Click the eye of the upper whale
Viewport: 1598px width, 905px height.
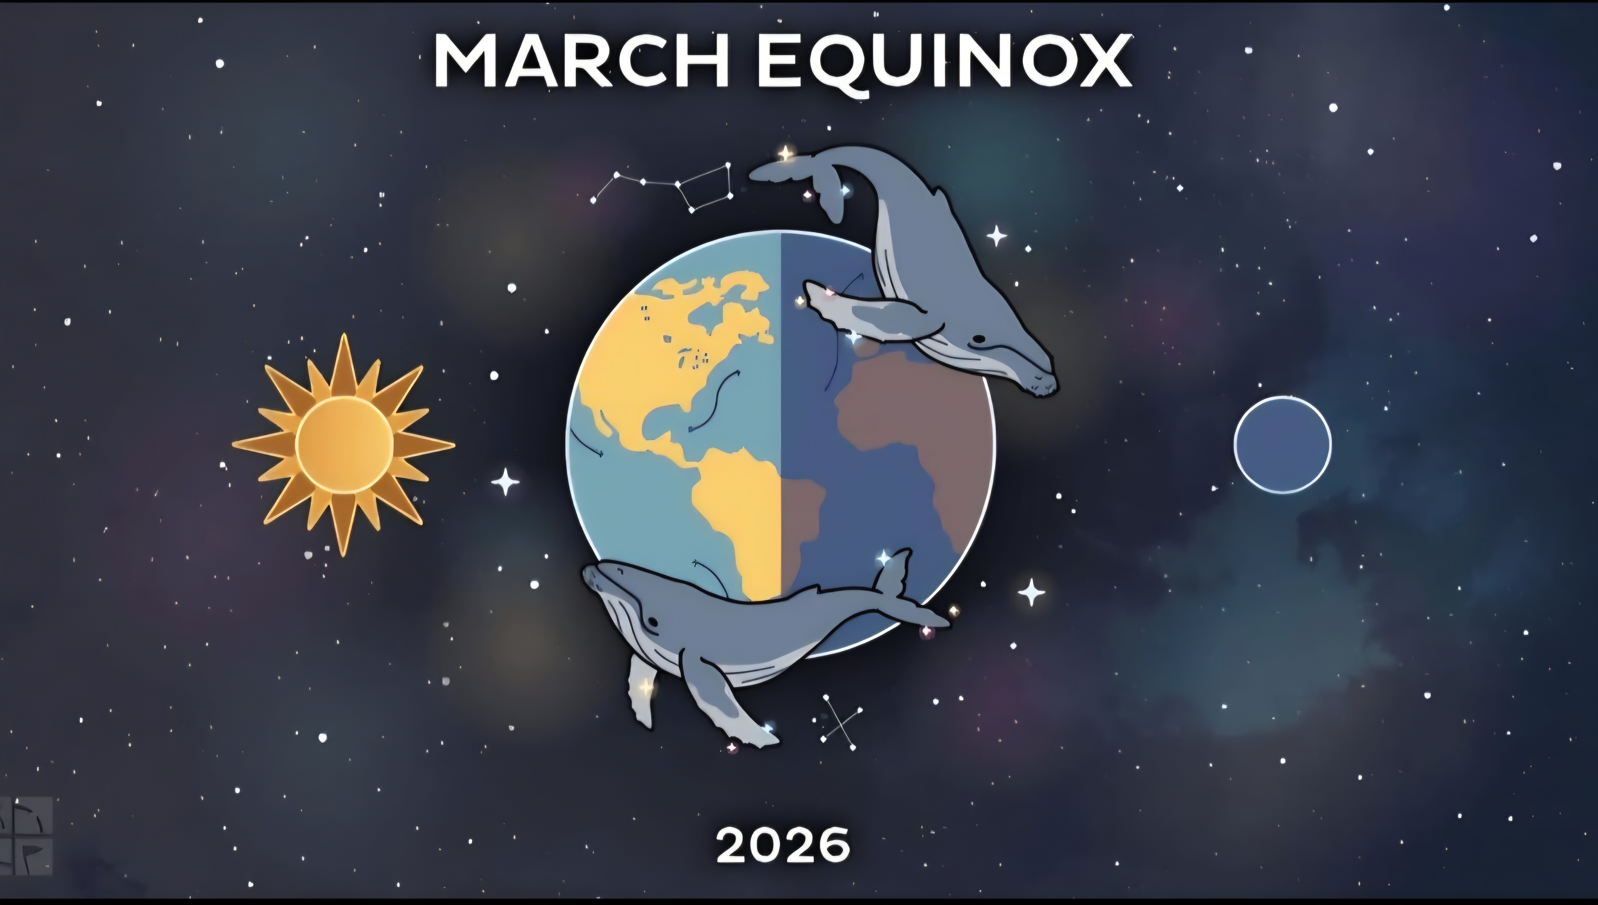[979, 339]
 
